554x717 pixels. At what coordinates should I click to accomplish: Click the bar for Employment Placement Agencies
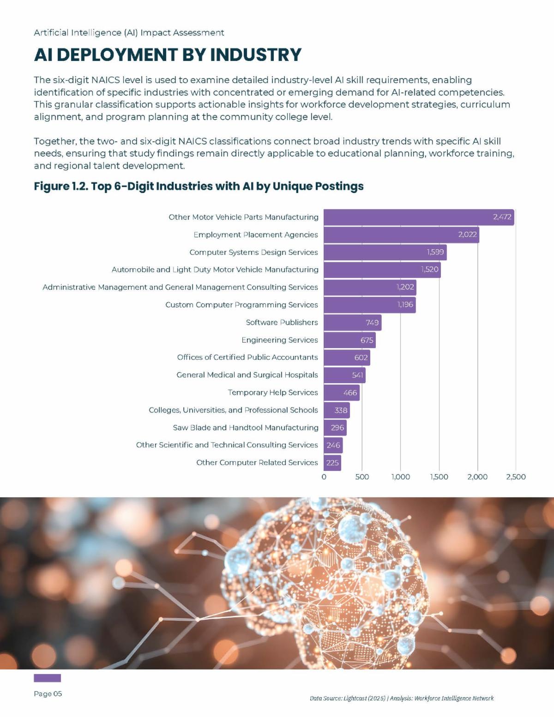(x=401, y=235)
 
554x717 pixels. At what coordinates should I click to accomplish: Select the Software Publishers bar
(x=352, y=322)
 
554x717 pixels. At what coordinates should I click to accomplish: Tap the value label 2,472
(x=502, y=217)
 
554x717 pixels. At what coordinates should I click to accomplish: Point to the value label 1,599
(x=435, y=252)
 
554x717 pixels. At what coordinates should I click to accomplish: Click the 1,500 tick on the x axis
(x=439, y=477)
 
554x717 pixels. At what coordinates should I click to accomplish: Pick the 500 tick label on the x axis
(x=362, y=477)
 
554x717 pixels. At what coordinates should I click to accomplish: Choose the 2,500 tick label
(x=516, y=477)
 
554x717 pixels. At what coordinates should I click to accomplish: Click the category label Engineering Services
(x=279, y=340)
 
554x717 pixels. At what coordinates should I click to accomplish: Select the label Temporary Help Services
(x=272, y=392)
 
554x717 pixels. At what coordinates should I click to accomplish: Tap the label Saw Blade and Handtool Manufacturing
(x=245, y=428)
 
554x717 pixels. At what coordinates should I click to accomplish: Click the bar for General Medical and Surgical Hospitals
(x=344, y=375)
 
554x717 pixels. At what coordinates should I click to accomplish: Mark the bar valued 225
(x=332, y=463)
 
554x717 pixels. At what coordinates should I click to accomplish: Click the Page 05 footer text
(x=48, y=693)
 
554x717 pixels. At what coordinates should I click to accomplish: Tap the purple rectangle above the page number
(x=47, y=678)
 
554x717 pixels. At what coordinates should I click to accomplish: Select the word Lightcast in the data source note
(x=355, y=698)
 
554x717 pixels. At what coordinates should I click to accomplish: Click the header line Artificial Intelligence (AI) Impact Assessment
(x=129, y=33)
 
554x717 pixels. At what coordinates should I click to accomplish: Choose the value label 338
(x=340, y=410)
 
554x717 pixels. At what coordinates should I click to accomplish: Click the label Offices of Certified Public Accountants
(x=247, y=357)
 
